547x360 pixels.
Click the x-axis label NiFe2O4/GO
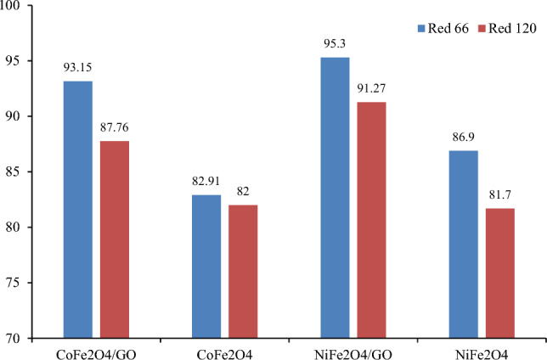click(x=352, y=350)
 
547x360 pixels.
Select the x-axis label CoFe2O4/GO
click(x=96, y=350)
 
